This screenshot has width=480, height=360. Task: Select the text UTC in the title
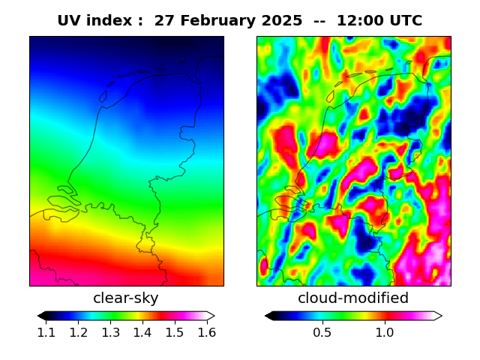pos(405,21)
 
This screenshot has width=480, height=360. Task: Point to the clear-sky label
pos(126,298)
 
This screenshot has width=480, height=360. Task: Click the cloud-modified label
pos(353,298)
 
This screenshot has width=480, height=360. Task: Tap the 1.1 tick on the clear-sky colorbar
pos(46,332)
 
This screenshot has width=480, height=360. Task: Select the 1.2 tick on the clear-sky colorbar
pos(79,332)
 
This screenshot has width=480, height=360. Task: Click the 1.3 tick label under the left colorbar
pos(110,332)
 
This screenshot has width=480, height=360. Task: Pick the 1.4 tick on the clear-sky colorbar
pos(142,332)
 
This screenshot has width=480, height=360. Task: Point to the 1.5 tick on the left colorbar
pos(174,332)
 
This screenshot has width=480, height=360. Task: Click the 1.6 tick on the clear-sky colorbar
pos(206,332)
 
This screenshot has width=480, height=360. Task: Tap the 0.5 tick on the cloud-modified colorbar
pos(322,332)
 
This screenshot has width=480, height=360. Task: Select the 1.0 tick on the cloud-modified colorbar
pos(384,332)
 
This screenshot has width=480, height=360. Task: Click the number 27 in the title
pos(163,21)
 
